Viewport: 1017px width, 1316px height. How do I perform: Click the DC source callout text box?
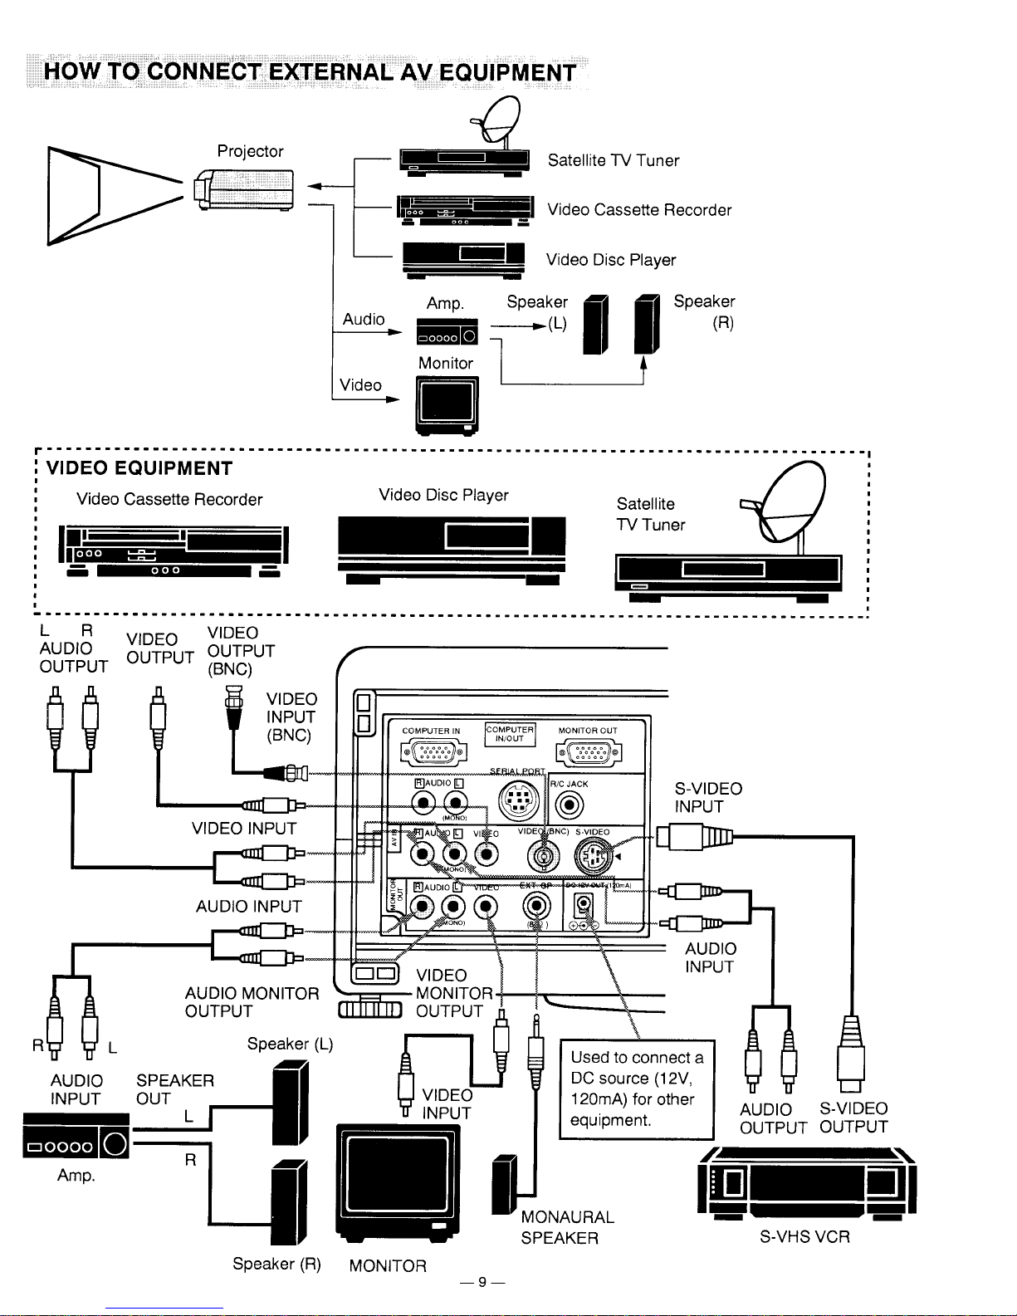637,1089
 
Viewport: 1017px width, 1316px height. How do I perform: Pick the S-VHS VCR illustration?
808,1181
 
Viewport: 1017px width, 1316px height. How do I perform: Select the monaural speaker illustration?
505,1184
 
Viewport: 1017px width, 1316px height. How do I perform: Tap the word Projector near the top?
250,151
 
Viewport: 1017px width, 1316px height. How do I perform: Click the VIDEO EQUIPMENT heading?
139,468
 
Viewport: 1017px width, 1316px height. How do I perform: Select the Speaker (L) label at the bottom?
290,1044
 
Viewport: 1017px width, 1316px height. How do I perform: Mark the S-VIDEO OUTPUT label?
853,1118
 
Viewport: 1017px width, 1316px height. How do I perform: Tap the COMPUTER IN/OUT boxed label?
510,734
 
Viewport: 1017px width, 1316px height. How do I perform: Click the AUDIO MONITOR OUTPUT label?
252,1002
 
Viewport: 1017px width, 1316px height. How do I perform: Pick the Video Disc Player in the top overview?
463,258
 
